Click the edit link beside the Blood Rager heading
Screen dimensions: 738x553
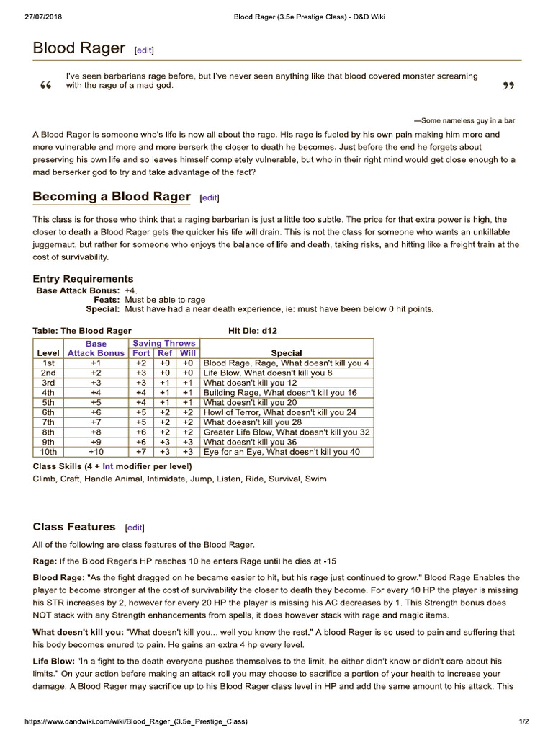144,50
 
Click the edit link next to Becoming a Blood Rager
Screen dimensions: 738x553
210,198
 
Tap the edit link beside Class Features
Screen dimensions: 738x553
135,528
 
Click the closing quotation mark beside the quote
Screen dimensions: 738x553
508,87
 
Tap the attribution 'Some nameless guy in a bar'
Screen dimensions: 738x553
464,120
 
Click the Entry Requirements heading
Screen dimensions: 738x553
83,279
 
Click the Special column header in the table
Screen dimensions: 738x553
286,353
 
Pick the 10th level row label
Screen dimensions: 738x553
48,452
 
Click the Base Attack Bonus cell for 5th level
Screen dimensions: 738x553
96,403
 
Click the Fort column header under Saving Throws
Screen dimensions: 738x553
140,353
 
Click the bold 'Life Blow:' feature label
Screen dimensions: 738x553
53,661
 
